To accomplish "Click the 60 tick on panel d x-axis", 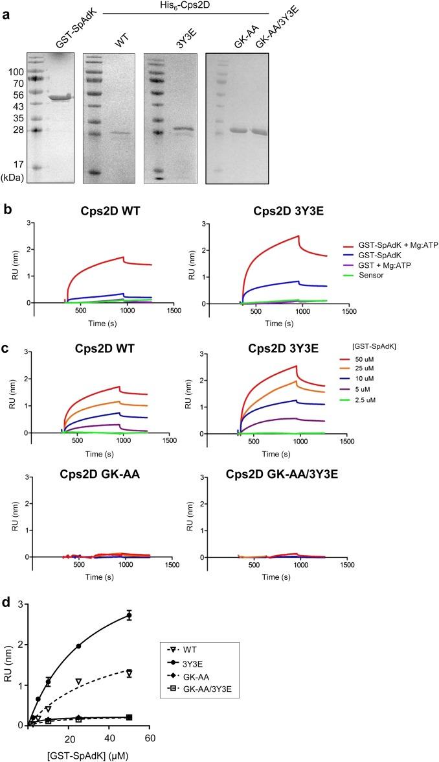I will click(150, 737).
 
